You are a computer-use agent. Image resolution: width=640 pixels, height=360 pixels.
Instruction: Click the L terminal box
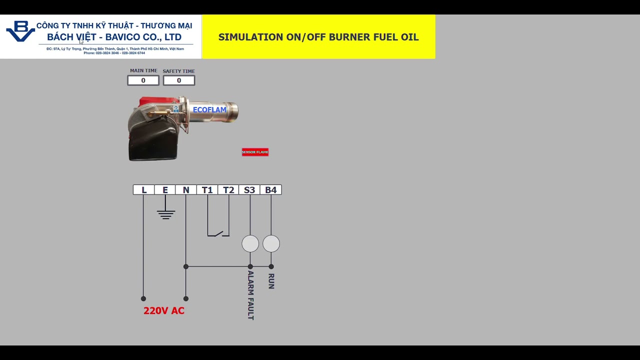(143, 190)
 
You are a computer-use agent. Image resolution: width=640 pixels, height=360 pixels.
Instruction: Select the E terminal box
(165, 190)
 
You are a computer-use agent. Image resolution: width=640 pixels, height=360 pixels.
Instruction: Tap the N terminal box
(186, 190)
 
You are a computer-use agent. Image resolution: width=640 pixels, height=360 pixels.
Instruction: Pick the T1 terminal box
(207, 190)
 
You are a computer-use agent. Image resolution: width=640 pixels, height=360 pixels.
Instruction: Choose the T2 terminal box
(228, 190)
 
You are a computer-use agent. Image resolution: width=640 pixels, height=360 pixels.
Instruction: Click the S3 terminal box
(249, 190)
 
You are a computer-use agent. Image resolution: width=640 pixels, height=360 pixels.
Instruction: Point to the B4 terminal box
(270, 190)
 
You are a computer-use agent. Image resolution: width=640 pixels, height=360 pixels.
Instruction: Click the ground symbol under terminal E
(165, 214)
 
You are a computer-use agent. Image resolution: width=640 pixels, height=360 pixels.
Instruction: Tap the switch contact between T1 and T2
(218, 233)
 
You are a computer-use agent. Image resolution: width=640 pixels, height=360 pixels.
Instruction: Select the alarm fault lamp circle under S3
(250, 243)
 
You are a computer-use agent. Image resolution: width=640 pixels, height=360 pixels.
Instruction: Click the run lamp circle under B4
(271, 243)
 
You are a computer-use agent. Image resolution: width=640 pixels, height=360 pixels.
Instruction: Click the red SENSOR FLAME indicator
(255, 152)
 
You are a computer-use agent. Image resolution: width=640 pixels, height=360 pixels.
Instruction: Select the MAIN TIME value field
(143, 80)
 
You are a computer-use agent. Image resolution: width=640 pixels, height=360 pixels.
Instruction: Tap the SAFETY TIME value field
(178, 80)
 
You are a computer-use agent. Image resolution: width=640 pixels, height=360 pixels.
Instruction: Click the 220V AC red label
(164, 310)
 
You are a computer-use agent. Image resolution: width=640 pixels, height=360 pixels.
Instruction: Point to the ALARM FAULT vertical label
(250, 295)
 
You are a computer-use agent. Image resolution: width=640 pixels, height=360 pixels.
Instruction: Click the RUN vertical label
(271, 281)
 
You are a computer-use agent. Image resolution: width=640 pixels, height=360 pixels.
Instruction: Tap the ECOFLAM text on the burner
(209, 109)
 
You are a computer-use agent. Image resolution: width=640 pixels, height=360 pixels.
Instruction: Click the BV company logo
(20, 31)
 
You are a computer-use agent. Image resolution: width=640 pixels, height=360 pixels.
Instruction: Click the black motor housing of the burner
(152, 142)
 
